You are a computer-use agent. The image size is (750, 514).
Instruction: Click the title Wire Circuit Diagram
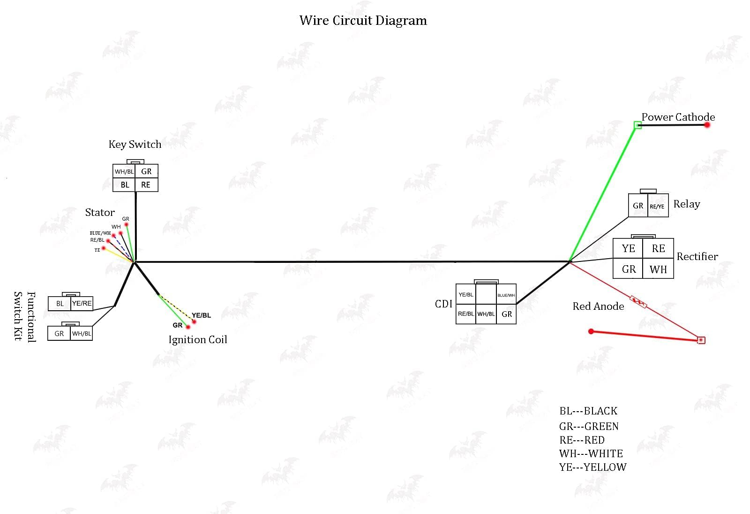[363, 21]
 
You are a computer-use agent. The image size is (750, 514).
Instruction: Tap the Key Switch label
[135, 145]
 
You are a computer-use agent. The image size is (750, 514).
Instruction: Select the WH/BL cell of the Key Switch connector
[124, 172]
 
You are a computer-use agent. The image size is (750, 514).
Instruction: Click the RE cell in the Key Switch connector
[146, 185]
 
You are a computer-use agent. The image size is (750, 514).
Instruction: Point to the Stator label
[100, 213]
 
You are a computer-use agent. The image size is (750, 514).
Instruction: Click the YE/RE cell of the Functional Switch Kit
[82, 304]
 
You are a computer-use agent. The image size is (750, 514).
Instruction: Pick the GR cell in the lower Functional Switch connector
[59, 334]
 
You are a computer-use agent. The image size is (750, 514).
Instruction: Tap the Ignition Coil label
[197, 340]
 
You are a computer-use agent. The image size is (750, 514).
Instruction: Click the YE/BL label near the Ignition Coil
[201, 315]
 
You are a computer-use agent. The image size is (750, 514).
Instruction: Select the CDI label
[443, 304]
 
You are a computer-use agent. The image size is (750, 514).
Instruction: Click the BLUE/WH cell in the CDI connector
[506, 295]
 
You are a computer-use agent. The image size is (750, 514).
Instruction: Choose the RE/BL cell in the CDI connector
[465, 314]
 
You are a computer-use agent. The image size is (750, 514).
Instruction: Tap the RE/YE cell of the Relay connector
[657, 207]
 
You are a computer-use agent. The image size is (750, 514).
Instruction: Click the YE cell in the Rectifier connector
[628, 249]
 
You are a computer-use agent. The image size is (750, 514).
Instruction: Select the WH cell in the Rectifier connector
[658, 269]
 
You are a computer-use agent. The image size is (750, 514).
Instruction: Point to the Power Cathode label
[678, 117]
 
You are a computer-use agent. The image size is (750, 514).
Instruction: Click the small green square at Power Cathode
[637, 125]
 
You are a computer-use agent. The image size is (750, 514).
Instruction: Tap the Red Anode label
[598, 307]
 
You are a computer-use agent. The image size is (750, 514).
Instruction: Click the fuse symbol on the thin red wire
[638, 302]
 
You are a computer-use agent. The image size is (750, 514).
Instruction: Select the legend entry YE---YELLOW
[592, 468]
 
